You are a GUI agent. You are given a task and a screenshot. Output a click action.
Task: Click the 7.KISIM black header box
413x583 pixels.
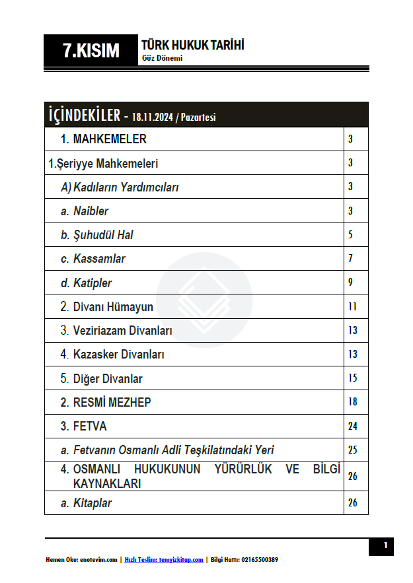coord(91,51)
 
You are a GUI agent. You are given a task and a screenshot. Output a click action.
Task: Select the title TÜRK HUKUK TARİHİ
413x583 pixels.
coord(192,45)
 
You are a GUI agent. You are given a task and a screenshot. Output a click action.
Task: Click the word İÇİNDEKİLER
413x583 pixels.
coord(84,115)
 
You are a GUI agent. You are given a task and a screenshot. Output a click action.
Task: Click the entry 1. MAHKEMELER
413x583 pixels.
coord(104,139)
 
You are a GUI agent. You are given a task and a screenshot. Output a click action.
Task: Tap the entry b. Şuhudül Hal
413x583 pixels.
coord(97,235)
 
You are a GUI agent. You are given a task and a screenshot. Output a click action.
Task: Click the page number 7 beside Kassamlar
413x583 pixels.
coord(351,259)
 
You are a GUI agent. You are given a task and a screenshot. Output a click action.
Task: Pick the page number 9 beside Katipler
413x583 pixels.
coord(351,283)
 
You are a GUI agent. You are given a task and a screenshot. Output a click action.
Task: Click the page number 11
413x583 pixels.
coord(352,306)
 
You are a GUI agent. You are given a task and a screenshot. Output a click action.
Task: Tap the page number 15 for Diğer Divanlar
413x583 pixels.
coord(352,378)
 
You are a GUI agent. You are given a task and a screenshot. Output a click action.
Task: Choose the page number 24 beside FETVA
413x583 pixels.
coord(352,426)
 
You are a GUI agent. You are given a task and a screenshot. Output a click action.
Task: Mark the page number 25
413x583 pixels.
coord(352,450)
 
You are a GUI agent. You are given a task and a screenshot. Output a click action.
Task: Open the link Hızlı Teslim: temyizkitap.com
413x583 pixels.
coord(163,560)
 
